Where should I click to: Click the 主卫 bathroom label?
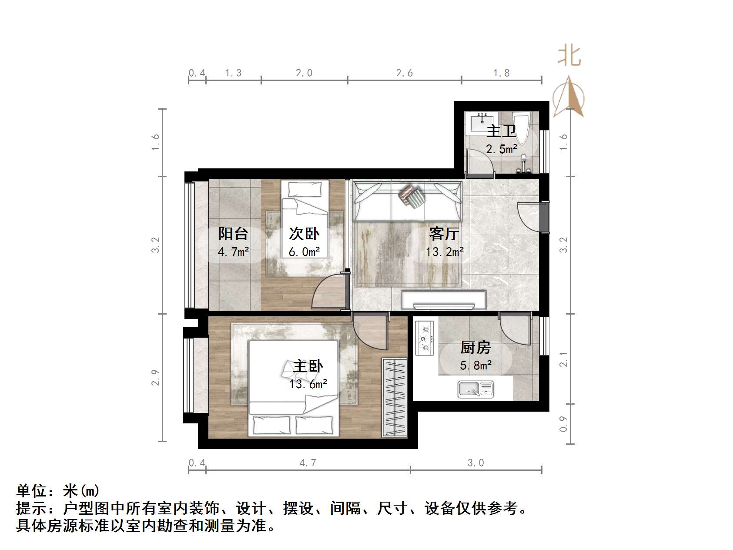click(501, 131)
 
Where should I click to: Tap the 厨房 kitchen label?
click(475, 347)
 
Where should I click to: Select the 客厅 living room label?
click(444, 234)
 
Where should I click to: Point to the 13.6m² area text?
click(308, 384)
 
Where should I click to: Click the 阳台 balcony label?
click(233, 234)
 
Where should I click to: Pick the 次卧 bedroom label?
click(304, 234)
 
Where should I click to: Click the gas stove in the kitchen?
click(425, 338)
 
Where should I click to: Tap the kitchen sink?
click(475, 389)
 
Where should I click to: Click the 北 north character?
click(569, 57)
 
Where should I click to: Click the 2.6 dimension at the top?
click(404, 73)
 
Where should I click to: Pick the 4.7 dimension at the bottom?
click(308, 463)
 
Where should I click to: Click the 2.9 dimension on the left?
click(155, 377)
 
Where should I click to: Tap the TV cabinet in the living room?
click(443, 300)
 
